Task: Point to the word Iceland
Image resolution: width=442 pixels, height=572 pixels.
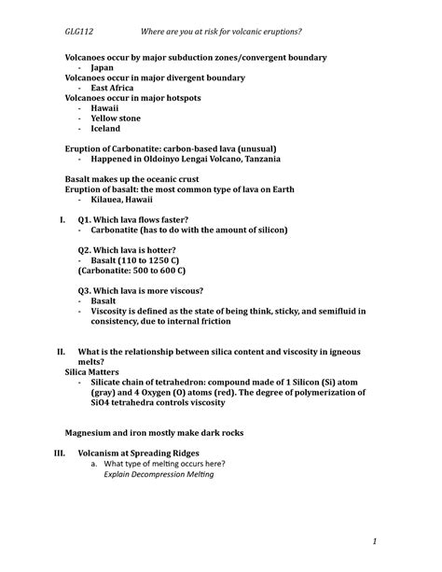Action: click(x=106, y=129)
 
